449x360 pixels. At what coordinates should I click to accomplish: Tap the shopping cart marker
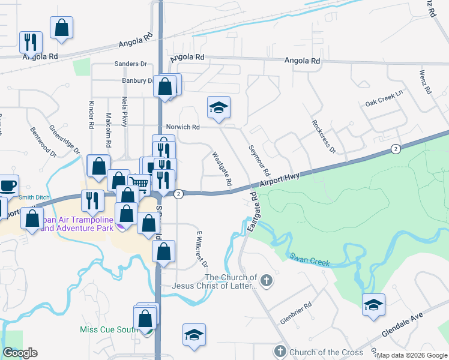click(139, 183)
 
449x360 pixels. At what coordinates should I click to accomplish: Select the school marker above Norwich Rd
click(218, 107)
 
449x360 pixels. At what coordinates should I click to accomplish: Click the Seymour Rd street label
click(259, 160)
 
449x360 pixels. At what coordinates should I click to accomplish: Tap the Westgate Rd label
click(222, 168)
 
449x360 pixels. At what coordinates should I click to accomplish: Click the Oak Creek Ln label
click(384, 103)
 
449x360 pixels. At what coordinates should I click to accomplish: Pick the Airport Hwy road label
click(280, 179)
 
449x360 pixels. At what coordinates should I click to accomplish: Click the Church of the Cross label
click(325, 352)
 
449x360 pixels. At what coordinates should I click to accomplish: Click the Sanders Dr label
click(130, 64)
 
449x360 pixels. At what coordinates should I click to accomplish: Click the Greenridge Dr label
click(65, 139)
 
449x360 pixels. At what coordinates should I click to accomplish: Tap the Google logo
click(20, 353)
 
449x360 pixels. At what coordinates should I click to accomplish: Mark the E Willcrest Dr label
click(201, 248)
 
